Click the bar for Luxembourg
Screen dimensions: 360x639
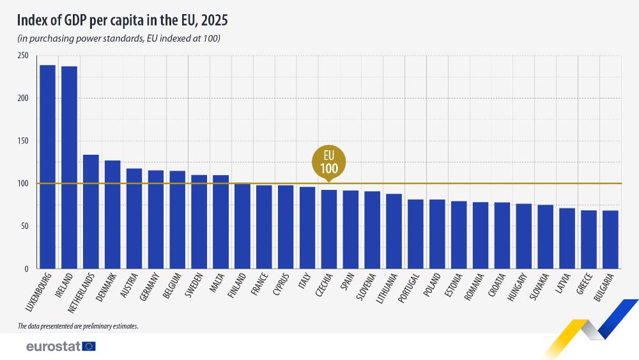[x=47, y=167]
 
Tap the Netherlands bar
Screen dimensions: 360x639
[x=91, y=212]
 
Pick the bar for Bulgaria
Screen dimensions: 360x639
[x=610, y=240]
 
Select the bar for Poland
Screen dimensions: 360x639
[x=437, y=234]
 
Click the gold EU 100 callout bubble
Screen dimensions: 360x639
[x=328, y=162]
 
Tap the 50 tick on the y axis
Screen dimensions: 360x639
[x=24, y=226]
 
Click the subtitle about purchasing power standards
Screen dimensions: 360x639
[x=119, y=39]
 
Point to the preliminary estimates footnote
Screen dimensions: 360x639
[x=78, y=326]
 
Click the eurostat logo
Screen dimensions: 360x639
[x=53, y=346]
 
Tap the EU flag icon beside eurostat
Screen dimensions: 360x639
[x=89, y=346]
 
